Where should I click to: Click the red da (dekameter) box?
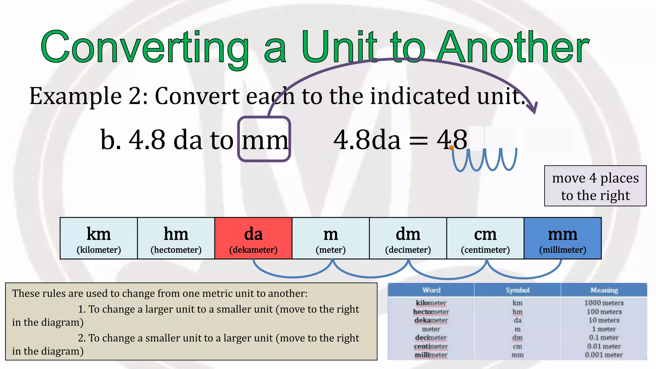(x=253, y=238)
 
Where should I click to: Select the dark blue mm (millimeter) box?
(x=562, y=238)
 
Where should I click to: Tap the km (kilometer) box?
(x=99, y=238)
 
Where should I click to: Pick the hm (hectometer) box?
(x=176, y=238)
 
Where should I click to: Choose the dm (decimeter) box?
(x=408, y=238)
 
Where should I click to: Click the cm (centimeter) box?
(x=485, y=238)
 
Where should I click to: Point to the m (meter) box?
(x=331, y=238)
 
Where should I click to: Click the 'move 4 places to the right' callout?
(x=595, y=186)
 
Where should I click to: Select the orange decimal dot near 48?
(x=451, y=148)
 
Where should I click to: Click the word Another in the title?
(x=513, y=47)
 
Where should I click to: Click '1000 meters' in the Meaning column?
(x=604, y=303)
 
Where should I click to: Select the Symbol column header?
(x=517, y=290)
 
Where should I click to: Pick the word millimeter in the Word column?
(x=431, y=355)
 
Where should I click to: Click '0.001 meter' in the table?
(x=604, y=355)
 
